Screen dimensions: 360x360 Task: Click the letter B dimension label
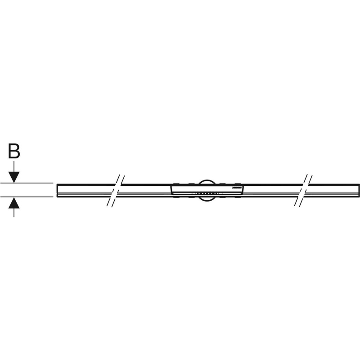tap(14, 151)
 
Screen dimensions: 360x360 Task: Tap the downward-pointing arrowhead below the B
tap(14, 177)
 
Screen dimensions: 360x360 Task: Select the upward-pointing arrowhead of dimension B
tap(14, 203)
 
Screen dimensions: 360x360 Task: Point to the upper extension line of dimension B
tap(27, 183)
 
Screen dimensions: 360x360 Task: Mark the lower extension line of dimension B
tap(27, 197)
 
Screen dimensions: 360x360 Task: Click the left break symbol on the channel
tap(116, 190)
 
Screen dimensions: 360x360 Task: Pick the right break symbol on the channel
tap(303, 190)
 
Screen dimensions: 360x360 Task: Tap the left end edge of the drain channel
tap(57, 190)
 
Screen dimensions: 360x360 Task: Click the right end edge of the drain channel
tap(359, 190)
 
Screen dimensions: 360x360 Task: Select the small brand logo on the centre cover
tap(237, 188)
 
